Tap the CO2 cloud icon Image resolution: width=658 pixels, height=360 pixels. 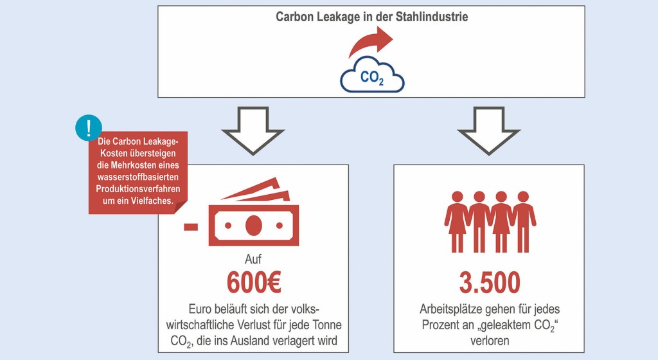tap(372, 78)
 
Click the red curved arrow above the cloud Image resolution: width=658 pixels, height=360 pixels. tap(372, 46)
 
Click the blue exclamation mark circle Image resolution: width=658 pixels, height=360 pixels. tap(88, 127)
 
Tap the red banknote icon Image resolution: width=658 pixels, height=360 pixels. tap(254, 219)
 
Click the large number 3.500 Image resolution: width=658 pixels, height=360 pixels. tap(489, 282)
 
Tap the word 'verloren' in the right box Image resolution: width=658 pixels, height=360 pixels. tap(489, 339)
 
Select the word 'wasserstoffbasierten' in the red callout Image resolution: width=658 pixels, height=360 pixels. tap(138, 177)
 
